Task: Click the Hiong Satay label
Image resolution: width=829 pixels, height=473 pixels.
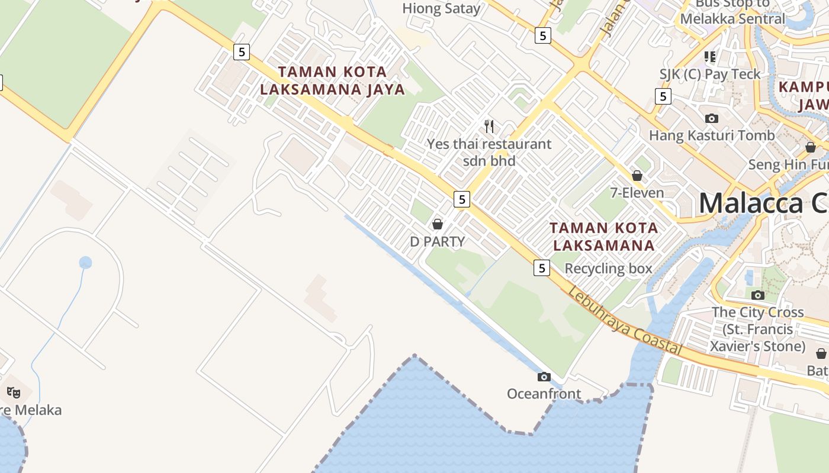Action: click(x=441, y=8)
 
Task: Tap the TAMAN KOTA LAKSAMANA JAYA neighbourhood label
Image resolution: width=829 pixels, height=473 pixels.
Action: click(x=332, y=81)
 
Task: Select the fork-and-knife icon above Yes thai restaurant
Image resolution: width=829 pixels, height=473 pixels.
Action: click(x=489, y=126)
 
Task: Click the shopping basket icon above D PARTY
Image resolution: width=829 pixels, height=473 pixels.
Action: click(x=438, y=224)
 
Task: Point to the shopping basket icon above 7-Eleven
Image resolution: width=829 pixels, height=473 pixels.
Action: click(x=637, y=176)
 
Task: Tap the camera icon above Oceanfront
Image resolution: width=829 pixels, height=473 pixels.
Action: click(x=544, y=377)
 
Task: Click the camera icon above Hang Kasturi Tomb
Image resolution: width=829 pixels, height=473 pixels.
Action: click(x=712, y=118)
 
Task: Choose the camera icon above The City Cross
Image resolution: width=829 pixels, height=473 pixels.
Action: click(x=757, y=295)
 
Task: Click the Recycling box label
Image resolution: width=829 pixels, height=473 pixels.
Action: click(x=608, y=268)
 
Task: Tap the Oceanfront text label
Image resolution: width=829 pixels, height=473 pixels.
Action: click(x=544, y=394)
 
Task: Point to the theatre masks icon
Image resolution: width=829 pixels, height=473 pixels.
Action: click(x=14, y=391)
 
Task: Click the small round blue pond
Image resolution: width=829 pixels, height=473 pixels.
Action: click(x=85, y=263)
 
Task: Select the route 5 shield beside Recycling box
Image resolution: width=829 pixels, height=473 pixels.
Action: click(x=542, y=268)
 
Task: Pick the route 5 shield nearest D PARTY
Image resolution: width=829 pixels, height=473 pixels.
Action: click(x=462, y=199)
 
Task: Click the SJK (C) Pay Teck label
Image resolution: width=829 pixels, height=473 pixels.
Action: click(x=710, y=74)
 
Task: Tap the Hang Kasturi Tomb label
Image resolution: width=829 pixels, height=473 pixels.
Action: click(x=711, y=135)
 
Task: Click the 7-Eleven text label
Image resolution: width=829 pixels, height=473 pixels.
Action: click(x=637, y=193)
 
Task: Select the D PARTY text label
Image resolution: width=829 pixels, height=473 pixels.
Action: click(x=438, y=241)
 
